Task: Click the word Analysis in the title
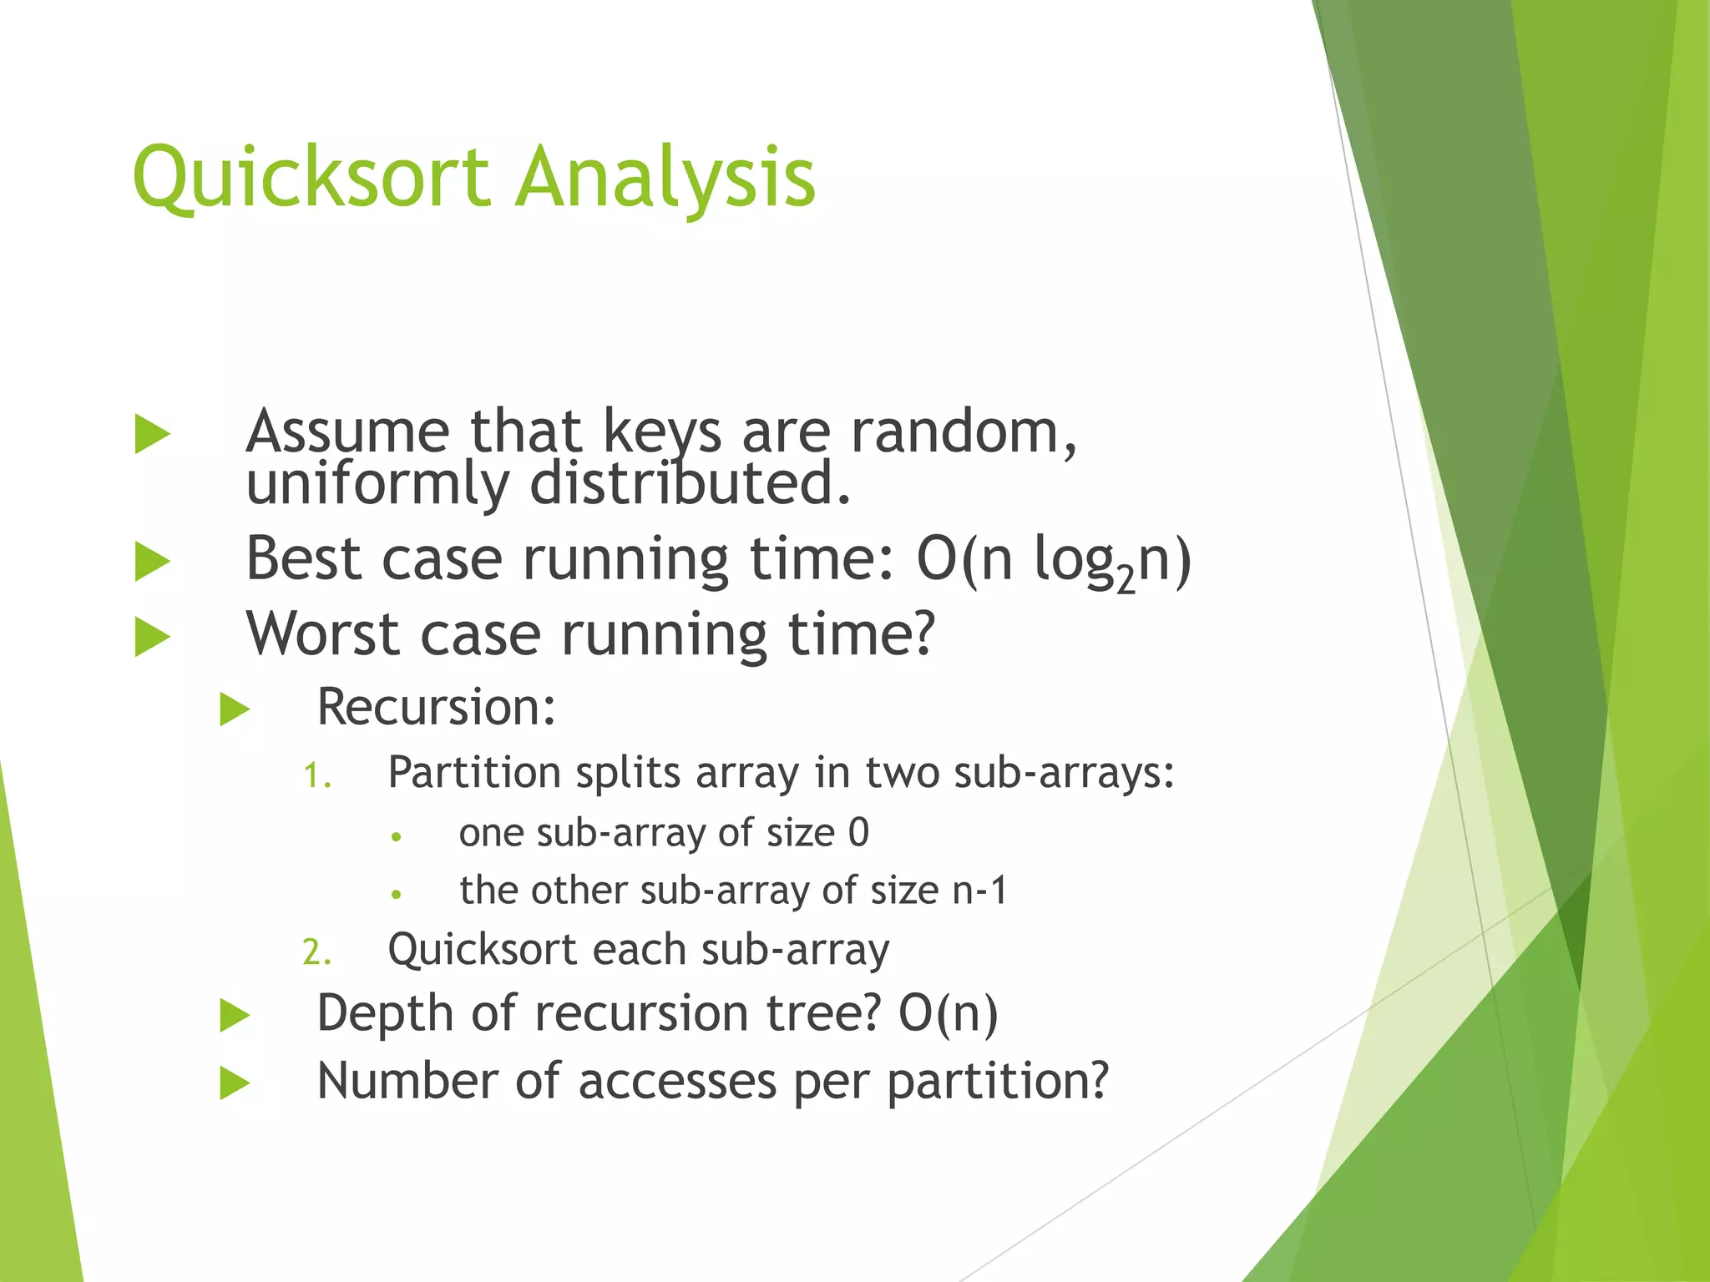pos(665,177)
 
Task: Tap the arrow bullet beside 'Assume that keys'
pos(152,434)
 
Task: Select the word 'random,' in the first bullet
pos(964,432)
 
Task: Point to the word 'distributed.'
pos(691,484)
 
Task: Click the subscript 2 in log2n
pos(1126,579)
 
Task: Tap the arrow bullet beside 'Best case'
pos(152,561)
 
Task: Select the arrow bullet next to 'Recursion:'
pos(235,709)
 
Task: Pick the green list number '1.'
pos(316,776)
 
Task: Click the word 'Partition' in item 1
pos(473,773)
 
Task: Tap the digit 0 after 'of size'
pos(858,833)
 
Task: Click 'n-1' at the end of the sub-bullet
pos(980,891)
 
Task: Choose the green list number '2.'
pos(316,952)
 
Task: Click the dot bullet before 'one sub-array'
pos(397,836)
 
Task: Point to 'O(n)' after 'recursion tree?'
pos(948,1014)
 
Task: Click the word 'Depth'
pos(384,1014)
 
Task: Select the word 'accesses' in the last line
pos(676,1082)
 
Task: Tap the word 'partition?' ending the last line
pos(997,1082)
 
